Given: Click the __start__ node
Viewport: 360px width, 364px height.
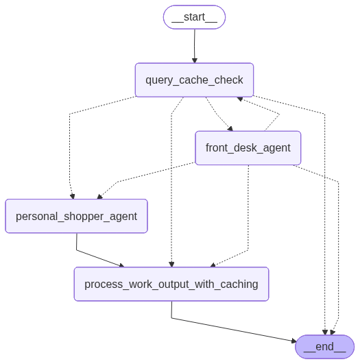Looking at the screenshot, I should pyautogui.click(x=194, y=17).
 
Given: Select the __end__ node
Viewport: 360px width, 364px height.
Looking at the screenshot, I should pyautogui.click(x=324, y=347).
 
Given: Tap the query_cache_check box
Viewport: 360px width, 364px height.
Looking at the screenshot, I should pyautogui.click(x=194, y=80).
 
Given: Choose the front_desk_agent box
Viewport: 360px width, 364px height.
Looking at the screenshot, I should pyautogui.click(x=248, y=148).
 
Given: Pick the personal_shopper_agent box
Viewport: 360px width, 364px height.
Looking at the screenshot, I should pyautogui.click(x=76, y=216).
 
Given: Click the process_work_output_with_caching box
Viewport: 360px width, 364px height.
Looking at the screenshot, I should pyautogui.click(x=171, y=284).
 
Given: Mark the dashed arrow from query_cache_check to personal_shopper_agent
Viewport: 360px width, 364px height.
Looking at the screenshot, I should pyautogui.click(x=70, y=144).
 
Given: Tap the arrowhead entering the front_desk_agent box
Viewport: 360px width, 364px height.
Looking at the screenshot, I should pyautogui.click(x=230, y=128).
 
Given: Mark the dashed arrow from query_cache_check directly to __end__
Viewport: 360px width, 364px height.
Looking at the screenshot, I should pyautogui.click(x=324, y=206).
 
